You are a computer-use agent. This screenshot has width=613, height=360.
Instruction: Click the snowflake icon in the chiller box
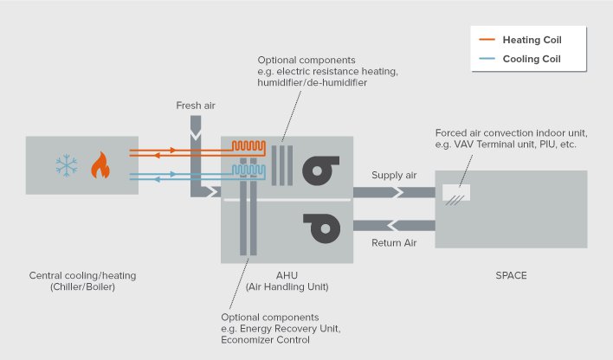tap(65, 164)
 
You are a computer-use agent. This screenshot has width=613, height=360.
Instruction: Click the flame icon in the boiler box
tap(100, 164)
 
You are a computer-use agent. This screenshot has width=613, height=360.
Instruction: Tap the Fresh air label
tap(195, 106)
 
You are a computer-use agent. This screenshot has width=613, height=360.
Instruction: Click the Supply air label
tap(394, 176)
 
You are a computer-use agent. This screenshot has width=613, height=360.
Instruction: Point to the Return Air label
tap(394, 243)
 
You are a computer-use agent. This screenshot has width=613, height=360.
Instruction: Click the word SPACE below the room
tap(511, 276)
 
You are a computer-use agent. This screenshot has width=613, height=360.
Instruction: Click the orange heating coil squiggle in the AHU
tap(253, 146)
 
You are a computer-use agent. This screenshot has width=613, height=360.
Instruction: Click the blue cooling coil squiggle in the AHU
tap(253, 171)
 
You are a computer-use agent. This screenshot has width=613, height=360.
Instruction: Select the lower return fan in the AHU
tap(319, 230)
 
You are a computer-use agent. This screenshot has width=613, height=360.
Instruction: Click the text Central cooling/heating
tap(82, 276)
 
